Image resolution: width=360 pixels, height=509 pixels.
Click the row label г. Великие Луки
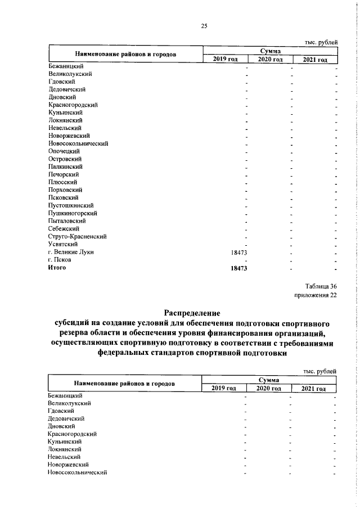(71, 252)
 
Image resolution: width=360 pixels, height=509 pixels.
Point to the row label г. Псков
(60, 260)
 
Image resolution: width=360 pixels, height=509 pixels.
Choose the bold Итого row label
(57, 268)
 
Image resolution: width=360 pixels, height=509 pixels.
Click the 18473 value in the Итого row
(240, 268)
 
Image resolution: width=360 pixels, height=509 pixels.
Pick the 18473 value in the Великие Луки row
(240, 253)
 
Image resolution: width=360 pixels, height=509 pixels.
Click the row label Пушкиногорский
(73, 213)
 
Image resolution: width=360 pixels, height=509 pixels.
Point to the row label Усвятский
(63, 244)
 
